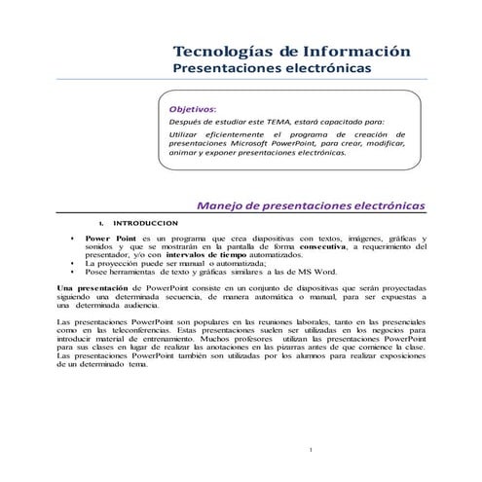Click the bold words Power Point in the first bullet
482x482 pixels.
tap(107, 239)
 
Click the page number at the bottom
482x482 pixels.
tap(309, 449)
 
